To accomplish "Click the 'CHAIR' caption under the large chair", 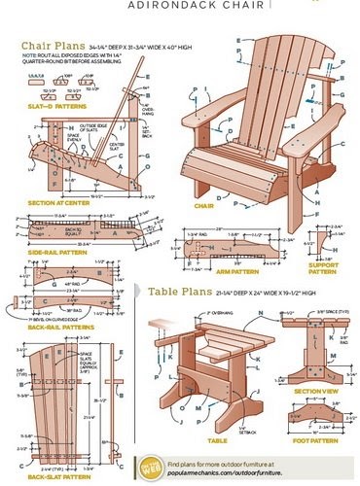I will pyautogui.click(x=205, y=206).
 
